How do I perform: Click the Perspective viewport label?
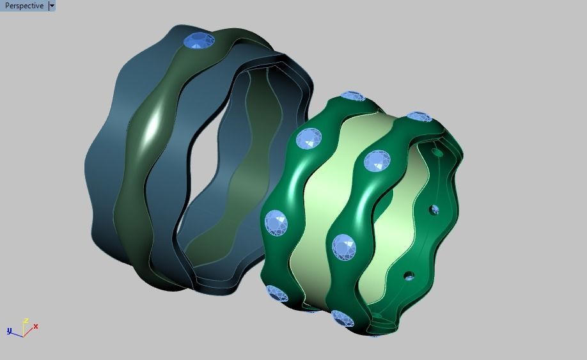(x=24, y=6)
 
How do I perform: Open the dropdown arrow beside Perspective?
(x=52, y=6)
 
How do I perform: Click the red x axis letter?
(x=36, y=327)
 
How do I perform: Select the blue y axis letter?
(x=10, y=331)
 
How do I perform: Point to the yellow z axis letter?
(x=25, y=321)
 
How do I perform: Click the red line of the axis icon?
(x=29, y=331)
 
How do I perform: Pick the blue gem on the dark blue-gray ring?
(x=199, y=41)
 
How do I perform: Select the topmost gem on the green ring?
(x=352, y=96)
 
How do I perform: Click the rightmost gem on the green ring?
(x=419, y=117)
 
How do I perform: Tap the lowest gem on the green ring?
(x=343, y=318)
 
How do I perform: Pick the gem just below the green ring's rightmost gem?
(x=378, y=160)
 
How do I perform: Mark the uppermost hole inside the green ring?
(x=437, y=153)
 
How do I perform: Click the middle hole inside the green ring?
(x=434, y=209)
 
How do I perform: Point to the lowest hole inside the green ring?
(x=409, y=276)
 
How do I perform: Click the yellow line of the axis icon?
(x=24, y=329)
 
